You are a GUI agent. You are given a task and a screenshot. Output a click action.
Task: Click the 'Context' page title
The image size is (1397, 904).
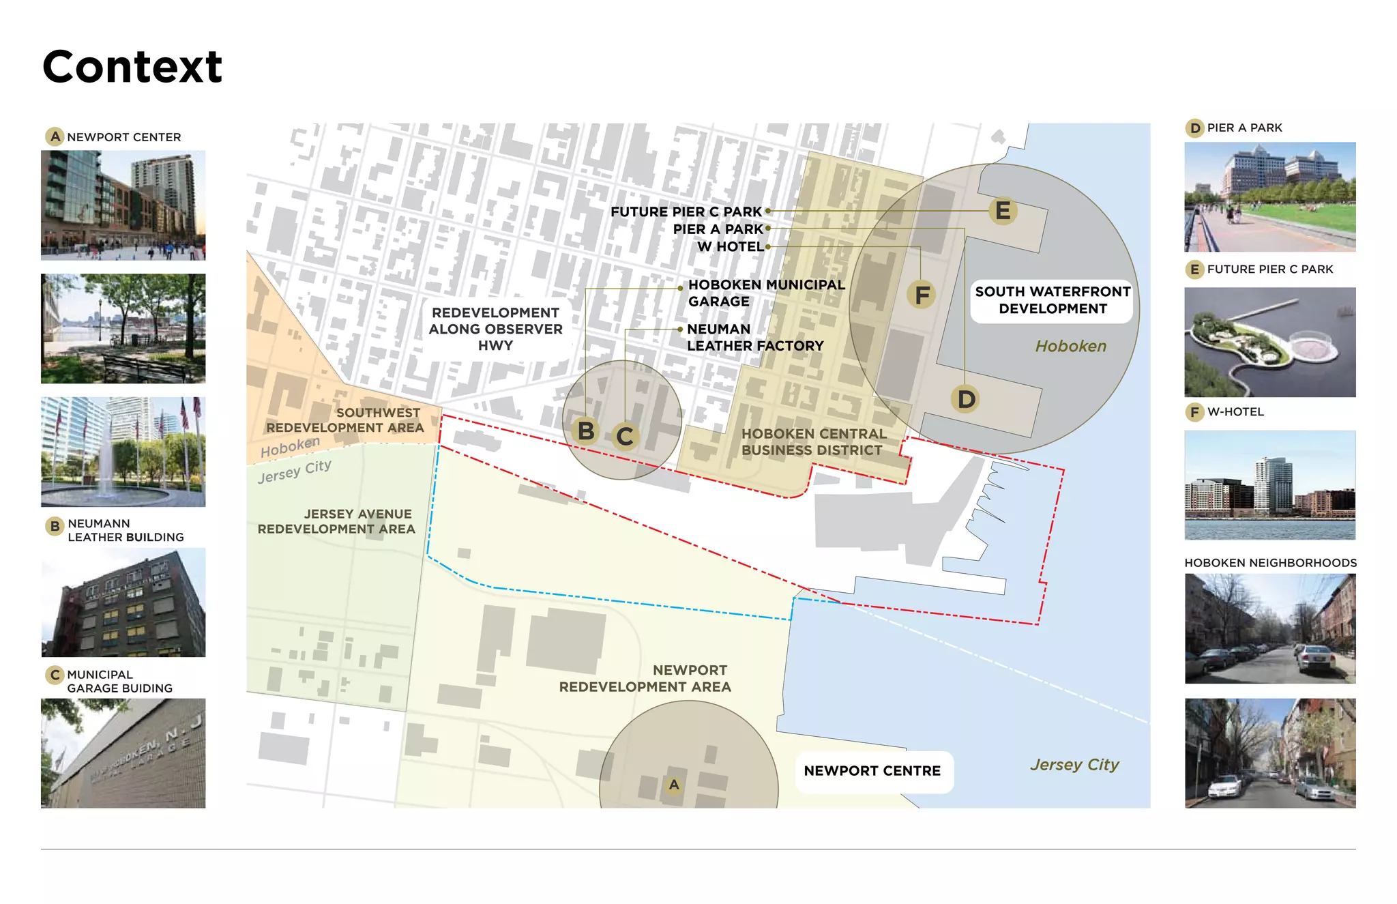click(132, 67)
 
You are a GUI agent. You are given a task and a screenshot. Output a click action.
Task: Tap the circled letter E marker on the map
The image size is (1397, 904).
click(1002, 211)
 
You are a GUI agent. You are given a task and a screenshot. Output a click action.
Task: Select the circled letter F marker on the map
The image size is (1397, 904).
click(922, 295)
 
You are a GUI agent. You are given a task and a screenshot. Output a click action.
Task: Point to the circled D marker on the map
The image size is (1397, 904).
click(966, 399)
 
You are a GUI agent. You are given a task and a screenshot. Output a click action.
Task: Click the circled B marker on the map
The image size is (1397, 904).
click(585, 431)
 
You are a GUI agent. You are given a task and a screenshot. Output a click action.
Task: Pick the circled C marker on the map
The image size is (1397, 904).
click(625, 437)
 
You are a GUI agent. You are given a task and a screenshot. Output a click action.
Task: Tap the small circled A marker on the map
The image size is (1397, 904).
click(674, 785)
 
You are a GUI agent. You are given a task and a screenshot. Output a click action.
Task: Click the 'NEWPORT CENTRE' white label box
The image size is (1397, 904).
click(872, 771)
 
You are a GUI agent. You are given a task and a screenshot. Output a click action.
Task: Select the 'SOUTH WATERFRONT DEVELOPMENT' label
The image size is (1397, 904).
click(1052, 300)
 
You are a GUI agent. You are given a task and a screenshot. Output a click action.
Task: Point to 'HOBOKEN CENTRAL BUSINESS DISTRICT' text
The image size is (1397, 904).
click(813, 442)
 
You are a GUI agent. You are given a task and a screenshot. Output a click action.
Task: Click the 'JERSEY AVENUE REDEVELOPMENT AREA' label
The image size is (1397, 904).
click(336, 521)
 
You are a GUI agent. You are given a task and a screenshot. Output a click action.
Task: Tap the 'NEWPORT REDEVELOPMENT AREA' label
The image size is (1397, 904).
click(645, 678)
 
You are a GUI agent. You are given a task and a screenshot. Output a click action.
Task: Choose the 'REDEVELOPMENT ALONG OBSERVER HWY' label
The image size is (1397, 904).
click(496, 329)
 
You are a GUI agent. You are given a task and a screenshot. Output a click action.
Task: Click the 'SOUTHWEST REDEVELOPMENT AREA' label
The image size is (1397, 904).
click(345, 420)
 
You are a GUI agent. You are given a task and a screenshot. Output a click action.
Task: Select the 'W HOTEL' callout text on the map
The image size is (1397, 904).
click(730, 246)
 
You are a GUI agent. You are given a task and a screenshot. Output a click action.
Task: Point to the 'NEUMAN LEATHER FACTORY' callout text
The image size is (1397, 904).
click(755, 337)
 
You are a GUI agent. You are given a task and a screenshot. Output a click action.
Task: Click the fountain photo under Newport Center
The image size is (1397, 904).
click(123, 452)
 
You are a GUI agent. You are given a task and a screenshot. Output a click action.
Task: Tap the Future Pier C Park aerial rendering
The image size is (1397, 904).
click(1269, 342)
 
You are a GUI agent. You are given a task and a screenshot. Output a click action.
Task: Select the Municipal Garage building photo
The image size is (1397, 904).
click(123, 753)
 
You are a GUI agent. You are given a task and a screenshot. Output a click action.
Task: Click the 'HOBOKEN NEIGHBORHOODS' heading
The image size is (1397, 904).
click(1270, 563)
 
